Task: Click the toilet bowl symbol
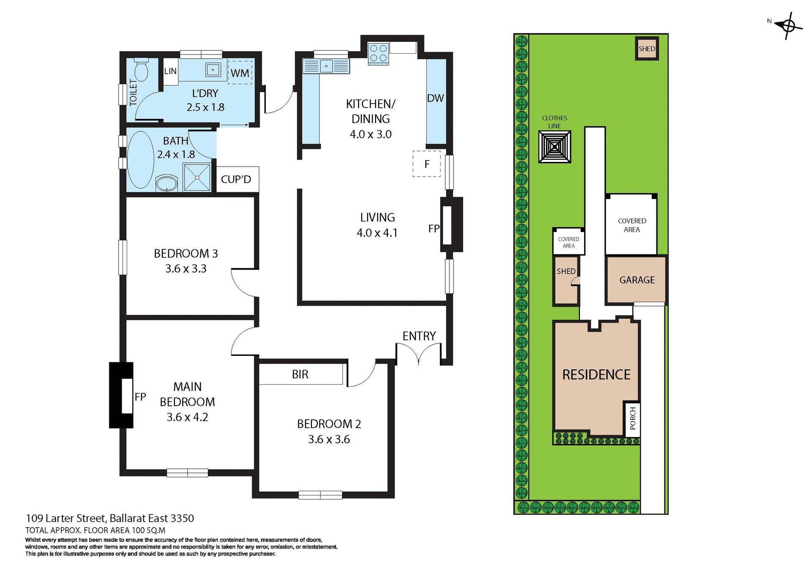click(x=141, y=70)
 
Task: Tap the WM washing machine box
click(x=239, y=73)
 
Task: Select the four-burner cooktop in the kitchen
click(x=378, y=54)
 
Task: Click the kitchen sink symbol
click(x=326, y=66)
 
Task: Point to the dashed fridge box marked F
click(x=427, y=164)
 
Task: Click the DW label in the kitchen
click(x=435, y=98)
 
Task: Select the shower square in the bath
click(x=197, y=177)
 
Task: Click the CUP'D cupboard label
click(x=236, y=179)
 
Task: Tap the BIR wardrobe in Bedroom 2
click(x=300, y=374)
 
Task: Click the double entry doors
click(x=419, y=353)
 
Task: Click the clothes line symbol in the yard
click(x=554, y=147)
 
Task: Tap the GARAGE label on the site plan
click(x=637, y=280)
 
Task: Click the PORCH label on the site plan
click(x=632, y=418)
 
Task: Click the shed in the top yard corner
click(x=647, y=49)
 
